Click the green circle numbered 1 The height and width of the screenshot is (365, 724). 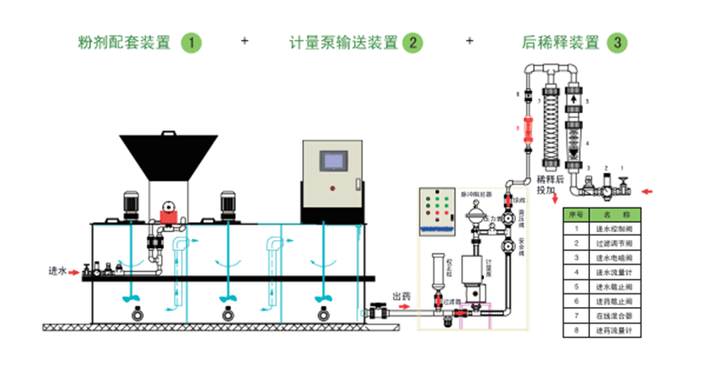click(x=191, y=43)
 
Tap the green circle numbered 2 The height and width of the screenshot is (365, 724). click(x=413, y=43)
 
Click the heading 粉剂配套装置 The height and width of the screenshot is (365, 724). click(x=126, y=43)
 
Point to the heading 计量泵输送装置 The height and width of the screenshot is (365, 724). click(x=344, y=43)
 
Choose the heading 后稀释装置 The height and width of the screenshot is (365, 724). click(x=560, y=43)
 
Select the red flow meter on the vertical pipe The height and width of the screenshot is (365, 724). click(x=519, y=123)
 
